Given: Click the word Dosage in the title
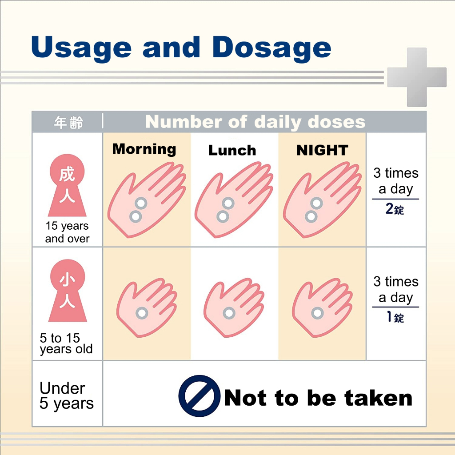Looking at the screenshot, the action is [271, 48].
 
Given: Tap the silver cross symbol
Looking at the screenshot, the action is [417, 77].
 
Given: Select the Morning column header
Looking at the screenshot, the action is [144, 149].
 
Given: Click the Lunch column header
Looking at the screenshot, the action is [232, 150].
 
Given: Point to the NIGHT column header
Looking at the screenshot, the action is [322, 150].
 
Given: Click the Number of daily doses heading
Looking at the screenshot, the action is [255, 122].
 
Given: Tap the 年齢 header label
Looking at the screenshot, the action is [68, 122].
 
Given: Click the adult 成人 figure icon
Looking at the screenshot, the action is [67, 185].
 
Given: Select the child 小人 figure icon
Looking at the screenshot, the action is [68, 291].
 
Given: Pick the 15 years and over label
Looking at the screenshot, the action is [68, 232].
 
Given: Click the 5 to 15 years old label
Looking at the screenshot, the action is [66, 343].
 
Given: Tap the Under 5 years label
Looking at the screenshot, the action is [67, 396].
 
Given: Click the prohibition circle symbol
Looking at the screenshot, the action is [200, 396].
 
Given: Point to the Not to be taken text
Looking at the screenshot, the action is [318, 398].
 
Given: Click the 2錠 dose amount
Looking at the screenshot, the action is [395, 209].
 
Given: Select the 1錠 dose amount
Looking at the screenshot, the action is [395, 317].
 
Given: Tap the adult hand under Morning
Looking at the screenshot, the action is [147, 200].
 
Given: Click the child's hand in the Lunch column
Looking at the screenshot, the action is [234, 307].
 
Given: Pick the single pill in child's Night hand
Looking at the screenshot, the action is [317, 313].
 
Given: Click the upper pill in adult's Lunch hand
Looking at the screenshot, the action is [228, 203].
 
